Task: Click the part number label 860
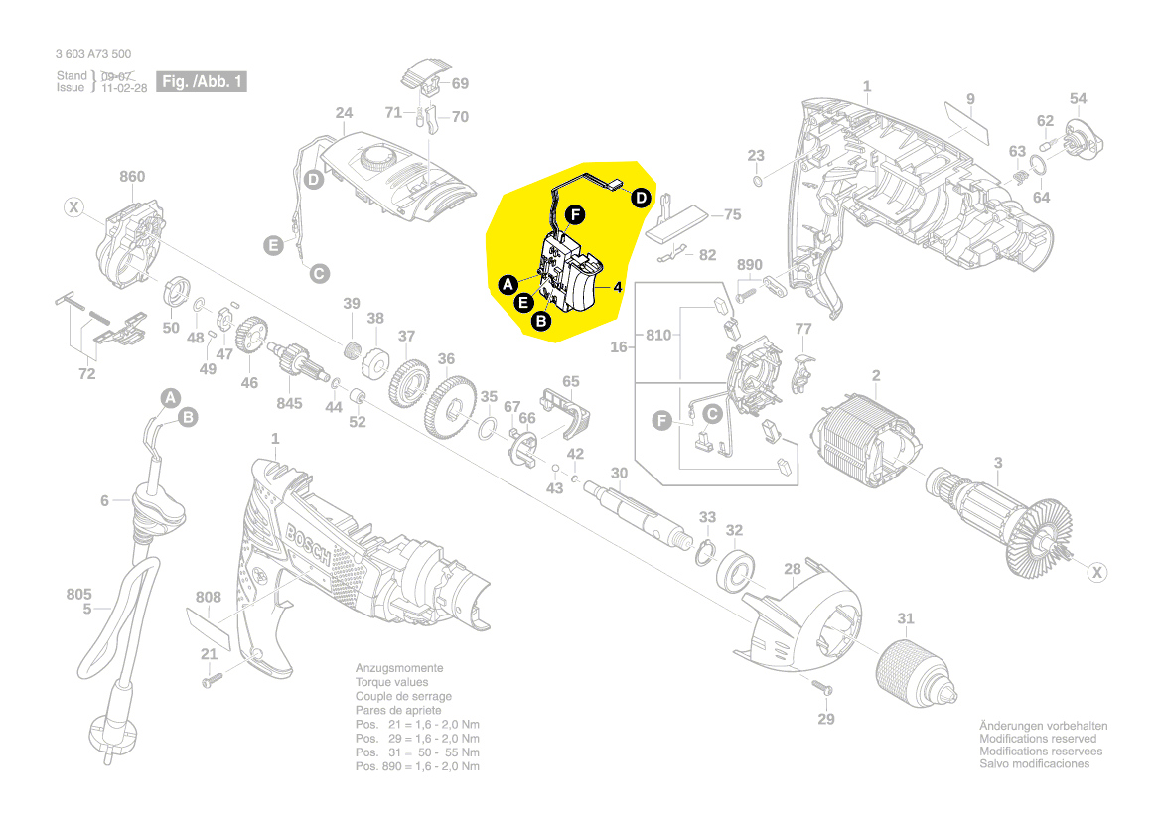click(x=132, y=177)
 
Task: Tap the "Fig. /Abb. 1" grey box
click(x=202, y=82)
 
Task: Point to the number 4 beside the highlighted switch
click(x=617, y=288)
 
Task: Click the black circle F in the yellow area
click(x=576, y=213)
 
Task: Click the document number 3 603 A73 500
click(x=93, y=55)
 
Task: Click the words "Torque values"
click(x=392, y=682)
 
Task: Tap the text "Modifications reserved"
click(x=1038, y=739)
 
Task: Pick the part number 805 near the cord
click(x=79, y=595)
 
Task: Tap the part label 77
click(x=803, y=328)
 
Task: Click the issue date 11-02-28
click(x=124, y=88)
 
